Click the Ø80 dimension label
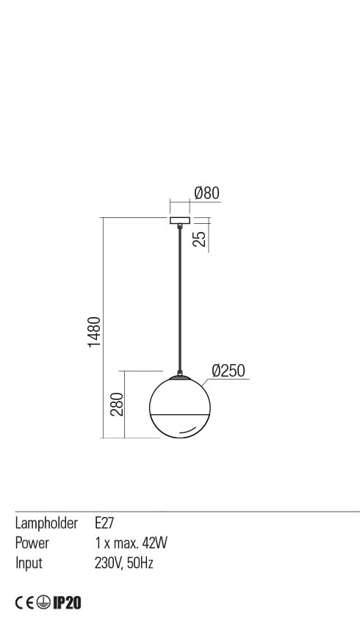tap(206, 193)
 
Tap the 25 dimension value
tap(201, 239)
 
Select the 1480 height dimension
tap(94, 332)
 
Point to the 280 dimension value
tap(117, 404)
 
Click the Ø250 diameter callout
tap(228, 371)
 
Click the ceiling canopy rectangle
tap(180, 221)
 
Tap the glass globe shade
tap(179, 407)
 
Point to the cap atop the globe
tap(179, 376)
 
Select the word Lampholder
tap(46, 523)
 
